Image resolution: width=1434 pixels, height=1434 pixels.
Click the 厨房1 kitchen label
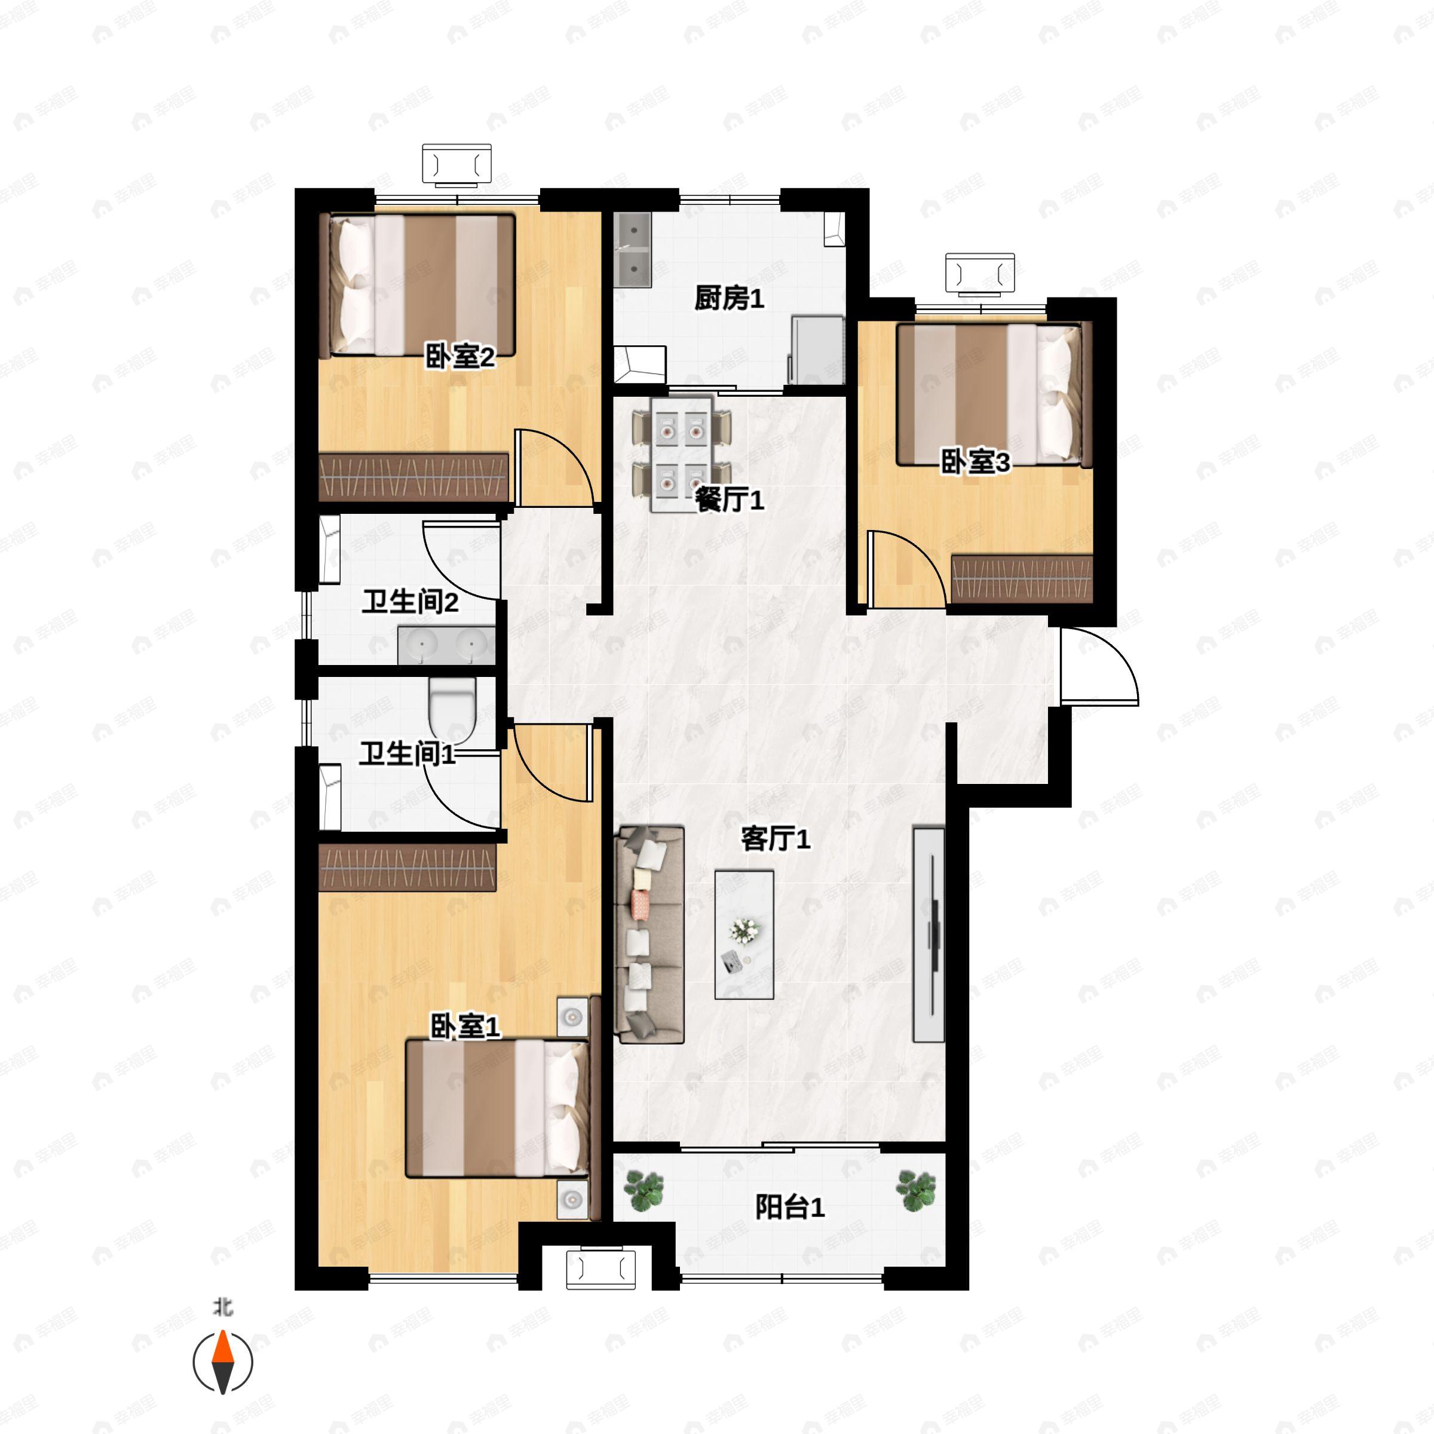coord(729,299)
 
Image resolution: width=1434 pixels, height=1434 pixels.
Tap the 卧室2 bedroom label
coord(459,358)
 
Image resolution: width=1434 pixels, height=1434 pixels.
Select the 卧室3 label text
coord(975,462)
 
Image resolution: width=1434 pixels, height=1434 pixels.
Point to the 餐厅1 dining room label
coord(729,500)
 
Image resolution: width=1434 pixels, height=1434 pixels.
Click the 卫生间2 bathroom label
coord(410,602)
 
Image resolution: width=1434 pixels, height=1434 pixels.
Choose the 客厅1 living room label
coord(776,839)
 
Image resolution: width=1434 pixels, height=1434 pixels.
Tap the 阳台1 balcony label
coord(790,1208)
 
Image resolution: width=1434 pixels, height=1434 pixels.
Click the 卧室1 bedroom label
coord(465,1027)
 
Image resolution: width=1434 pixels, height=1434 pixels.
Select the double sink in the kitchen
coord(633,250)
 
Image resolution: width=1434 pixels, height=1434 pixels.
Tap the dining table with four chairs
coord(681,454)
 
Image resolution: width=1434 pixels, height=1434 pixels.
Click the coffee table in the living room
coord(744,935)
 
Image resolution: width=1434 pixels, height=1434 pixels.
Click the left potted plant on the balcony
coord(643,1191)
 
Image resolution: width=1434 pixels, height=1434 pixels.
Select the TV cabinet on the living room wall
coord(929,934)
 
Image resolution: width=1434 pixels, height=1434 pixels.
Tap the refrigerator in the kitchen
coord(816,350)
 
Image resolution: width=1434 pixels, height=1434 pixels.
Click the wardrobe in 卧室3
coord(1022,578)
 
